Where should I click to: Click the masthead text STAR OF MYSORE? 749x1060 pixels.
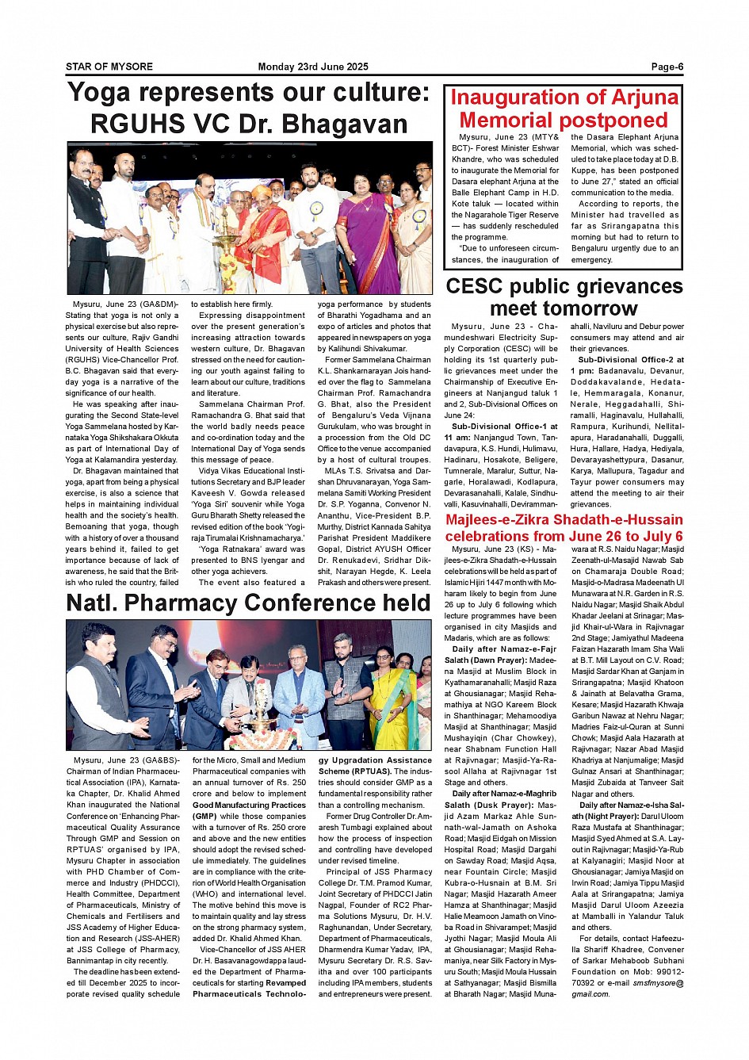coord(109,67)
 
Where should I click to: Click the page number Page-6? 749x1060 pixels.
coord(667,67)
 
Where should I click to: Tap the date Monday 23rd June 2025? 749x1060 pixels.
coord(313,67)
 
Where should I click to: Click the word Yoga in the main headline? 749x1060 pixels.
coord(99,93)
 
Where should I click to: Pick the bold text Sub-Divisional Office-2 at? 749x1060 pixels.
coord(631,360)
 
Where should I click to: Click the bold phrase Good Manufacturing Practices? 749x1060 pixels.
coord(249,805)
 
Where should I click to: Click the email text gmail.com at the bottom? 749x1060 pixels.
coord(590,994)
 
